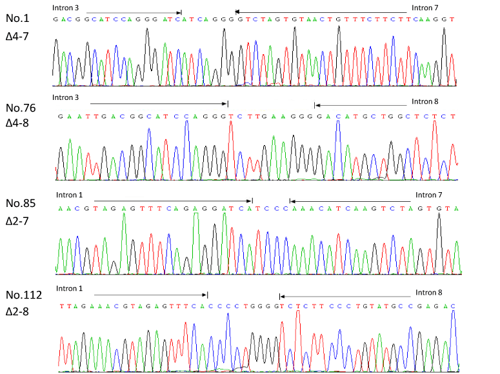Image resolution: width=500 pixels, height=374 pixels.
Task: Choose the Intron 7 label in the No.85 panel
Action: point(428,194)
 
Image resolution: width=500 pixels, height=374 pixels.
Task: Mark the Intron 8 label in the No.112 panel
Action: point(428,292)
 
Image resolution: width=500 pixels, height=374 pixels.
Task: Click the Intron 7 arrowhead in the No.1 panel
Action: point(237,12)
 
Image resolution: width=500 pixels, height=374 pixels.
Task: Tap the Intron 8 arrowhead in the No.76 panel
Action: point(317,105)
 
